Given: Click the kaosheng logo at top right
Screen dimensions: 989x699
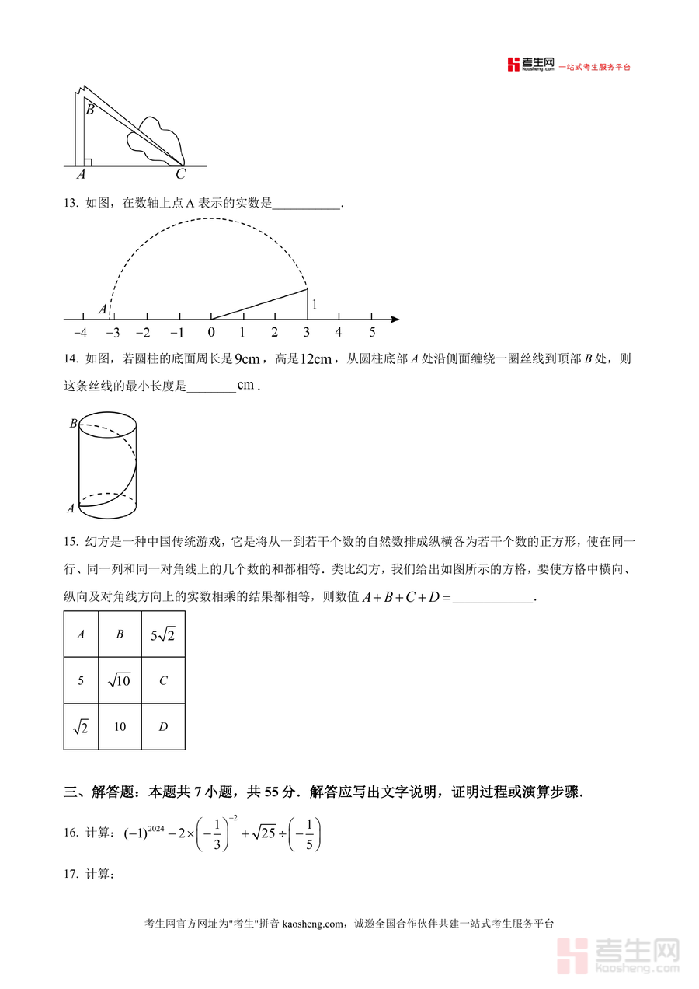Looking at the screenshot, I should [x=531, y=65].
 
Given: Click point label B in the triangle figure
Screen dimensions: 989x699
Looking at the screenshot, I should [x=90, y=110].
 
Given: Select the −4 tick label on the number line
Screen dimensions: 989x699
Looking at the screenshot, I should [x=79, y=333].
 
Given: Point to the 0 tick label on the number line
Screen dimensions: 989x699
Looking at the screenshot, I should [x=210, y=333].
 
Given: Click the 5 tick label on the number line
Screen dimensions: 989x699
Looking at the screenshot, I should [x=372, y=333].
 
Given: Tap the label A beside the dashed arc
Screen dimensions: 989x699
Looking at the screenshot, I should [x=102, y=309].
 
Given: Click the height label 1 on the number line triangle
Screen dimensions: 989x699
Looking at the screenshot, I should [x=315, y=305].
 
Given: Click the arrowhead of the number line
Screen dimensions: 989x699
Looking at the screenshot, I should [x=395, y=319].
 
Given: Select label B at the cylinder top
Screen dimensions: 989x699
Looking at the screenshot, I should [x=73, y=424].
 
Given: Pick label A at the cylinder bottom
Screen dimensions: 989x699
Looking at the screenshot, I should [x=71, y=508].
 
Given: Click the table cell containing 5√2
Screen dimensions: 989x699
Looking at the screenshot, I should [x=163, y=634].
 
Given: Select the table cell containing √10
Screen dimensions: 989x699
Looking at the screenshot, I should [x=120, y=681].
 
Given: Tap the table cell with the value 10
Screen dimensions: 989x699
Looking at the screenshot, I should [x=120, y=727].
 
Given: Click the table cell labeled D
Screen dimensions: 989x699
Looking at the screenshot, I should [x=163, y=727].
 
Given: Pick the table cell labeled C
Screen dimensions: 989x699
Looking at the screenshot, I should [x=163, y=681].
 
